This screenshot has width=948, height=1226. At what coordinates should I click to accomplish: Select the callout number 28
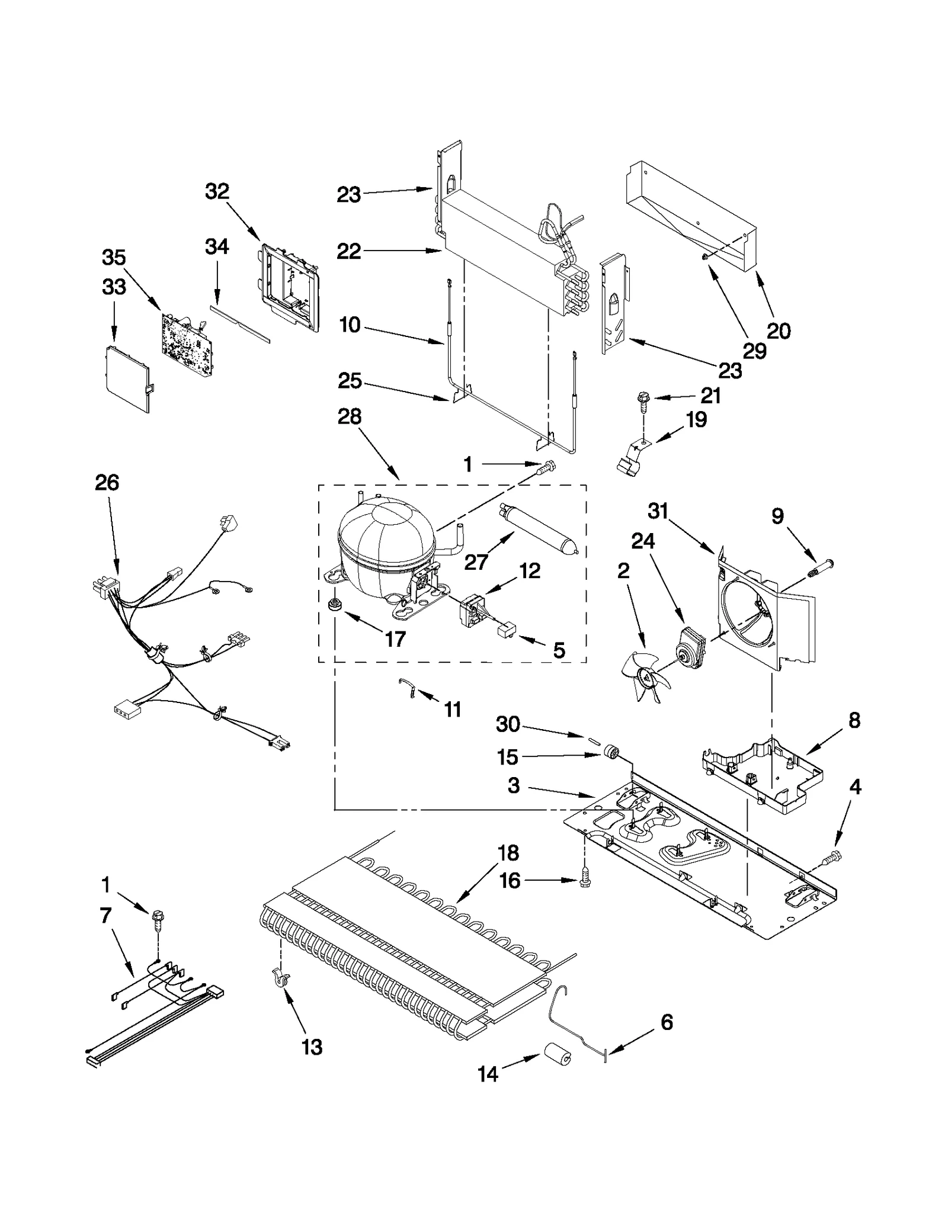click(350, 416)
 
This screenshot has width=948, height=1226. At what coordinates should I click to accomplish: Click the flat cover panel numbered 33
click(126, 378)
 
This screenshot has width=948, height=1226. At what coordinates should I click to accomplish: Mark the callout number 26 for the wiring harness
click(107, 483)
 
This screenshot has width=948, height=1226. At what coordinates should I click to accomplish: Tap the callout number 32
click(217, 191)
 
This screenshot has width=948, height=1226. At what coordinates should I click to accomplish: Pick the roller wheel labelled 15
click(611, 754)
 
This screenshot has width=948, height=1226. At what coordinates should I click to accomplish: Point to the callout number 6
click(667, 1022)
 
